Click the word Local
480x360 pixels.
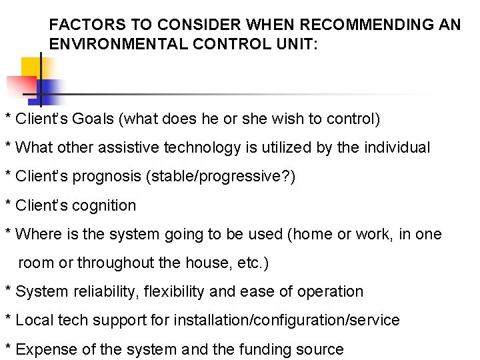click(34, 320)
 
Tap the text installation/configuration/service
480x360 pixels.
click(287, 320)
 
